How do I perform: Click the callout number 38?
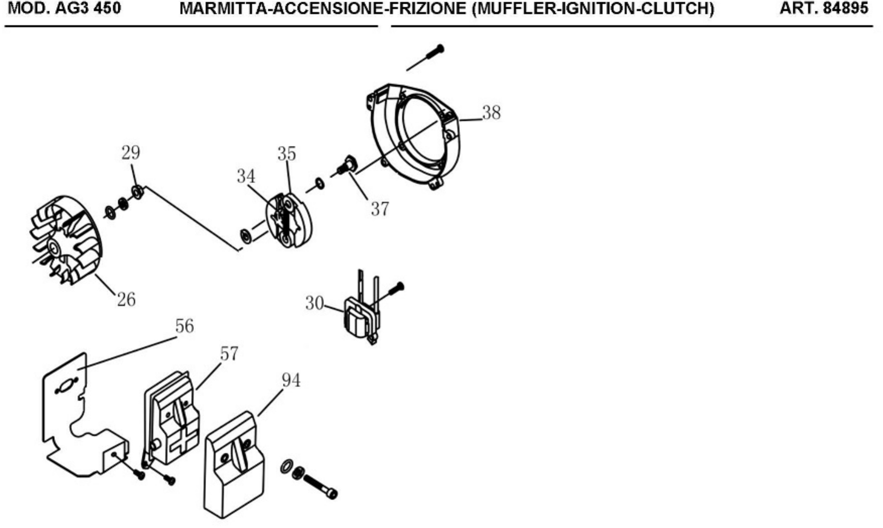point(491,113)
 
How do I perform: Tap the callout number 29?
point(131,153)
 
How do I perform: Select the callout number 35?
point(286,154)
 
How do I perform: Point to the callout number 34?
point(246,176)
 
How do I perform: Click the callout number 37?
point(380,209)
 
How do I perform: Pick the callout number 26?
point(126,300)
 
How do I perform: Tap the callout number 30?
point(315,303)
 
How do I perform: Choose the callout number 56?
point(184,326)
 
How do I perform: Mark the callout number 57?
point(229,354)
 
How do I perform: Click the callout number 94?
point(291,380)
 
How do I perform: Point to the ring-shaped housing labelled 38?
point(414,136)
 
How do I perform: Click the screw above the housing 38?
point(425,57)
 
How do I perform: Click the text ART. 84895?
point(824,8)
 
